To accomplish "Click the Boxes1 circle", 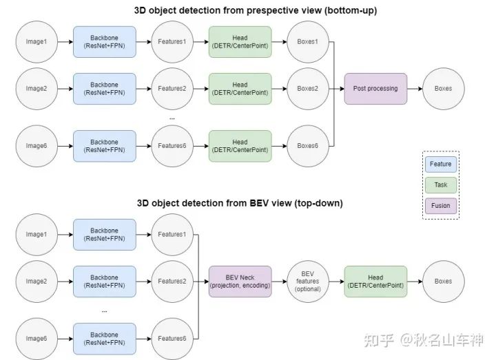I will (x=307, y=41).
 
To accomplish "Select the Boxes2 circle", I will (x=307, y=88).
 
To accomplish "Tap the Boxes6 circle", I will (x=307, y=145).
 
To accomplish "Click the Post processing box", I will (x=375, y=88).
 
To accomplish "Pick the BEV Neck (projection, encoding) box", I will (x=240, y=281).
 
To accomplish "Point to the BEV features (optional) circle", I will (x=307, y=281).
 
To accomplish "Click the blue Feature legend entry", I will (x=441, y=165).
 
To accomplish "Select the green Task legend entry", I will (x=441, y=184).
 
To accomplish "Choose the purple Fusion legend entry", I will (x=441, y=204).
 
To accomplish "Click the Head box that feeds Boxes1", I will (x=240, y=41).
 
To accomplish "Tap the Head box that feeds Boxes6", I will (x=240, y=145).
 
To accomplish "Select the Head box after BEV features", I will (x=375, y=281).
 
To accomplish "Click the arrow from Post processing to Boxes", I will (x=415, y=88).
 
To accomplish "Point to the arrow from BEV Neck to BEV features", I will (x=278, y=281).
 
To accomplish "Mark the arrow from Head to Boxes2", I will (x=278, y=88).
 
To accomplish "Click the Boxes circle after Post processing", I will (x=444, y=88).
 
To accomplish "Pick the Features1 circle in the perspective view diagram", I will (x=172, y=41).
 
